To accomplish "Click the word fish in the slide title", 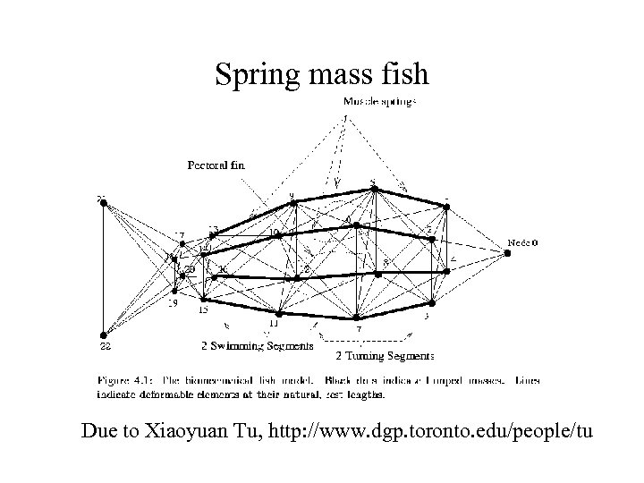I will [404, 77].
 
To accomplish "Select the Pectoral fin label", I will [215, 165].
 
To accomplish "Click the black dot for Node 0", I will [507, 253].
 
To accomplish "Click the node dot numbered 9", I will [291, 204].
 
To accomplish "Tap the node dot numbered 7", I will [356, 318].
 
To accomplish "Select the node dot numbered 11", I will [279, 314].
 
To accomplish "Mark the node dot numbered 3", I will [431, 303].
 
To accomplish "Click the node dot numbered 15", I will [205, 300].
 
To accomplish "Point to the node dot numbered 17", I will [182, 244].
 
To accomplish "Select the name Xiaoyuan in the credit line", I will [199, 432].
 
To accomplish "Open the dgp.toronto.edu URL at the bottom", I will [429, 432].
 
